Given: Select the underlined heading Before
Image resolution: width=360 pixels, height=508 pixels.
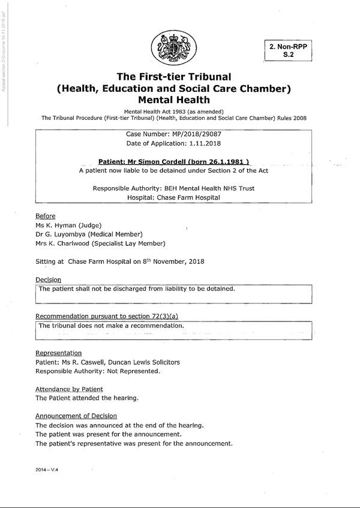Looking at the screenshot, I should (x=45, y=216).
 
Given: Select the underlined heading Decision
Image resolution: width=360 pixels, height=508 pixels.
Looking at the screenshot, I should (x=48, y=279).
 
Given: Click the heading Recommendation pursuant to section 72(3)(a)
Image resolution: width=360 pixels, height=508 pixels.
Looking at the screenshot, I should (x=107, y=316).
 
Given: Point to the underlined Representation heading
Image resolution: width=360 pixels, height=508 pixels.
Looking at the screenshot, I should (x=58, y=353).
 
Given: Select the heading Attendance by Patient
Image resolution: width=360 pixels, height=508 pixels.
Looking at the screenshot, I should (x=69, y=389).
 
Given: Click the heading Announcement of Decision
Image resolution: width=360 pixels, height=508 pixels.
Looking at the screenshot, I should (x=76, y=416).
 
